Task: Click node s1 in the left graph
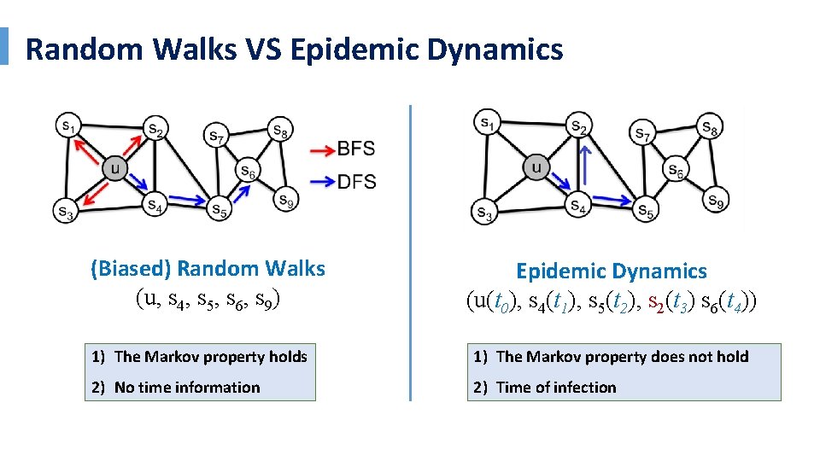point(67,125)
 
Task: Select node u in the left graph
point(116,168)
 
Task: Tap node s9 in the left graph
point(284,201)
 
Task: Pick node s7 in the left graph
point(216,135)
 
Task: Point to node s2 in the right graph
point(579,126)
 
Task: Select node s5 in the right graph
point(647,209)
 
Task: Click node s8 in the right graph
point(709,126)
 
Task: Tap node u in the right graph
point(536,167)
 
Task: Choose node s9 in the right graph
point(716,201)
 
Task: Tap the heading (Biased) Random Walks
point(208,269)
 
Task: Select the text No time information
point(187,388)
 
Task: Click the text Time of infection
point(555,388)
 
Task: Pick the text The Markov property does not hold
point(622,357)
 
